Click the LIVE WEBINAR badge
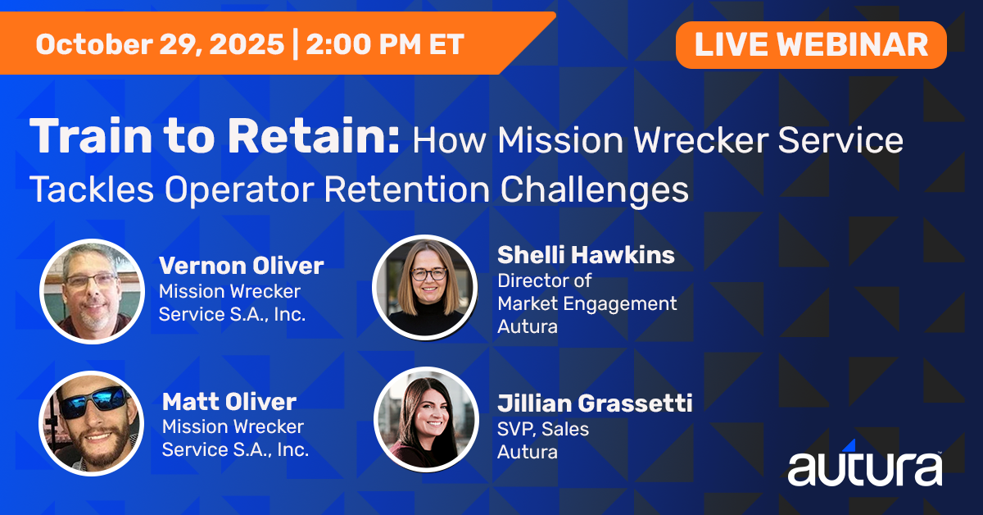(811, 44)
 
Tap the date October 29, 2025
(159, 44)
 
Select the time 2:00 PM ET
(384, 44)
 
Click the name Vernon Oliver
(241, 266)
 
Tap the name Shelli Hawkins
(586, 255)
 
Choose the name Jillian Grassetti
(595, 403)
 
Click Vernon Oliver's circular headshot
(91, 290)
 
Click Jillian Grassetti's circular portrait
(426, 418)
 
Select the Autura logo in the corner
(864, 467)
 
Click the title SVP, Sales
(543, 428)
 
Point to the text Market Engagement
(587, 303)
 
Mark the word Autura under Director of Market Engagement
(528, 327)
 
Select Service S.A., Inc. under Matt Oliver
(235, 449)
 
